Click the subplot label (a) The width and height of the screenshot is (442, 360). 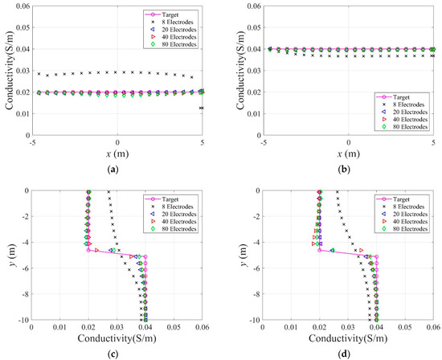[117, 170]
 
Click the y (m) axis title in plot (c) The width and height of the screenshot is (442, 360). [7, 255]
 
